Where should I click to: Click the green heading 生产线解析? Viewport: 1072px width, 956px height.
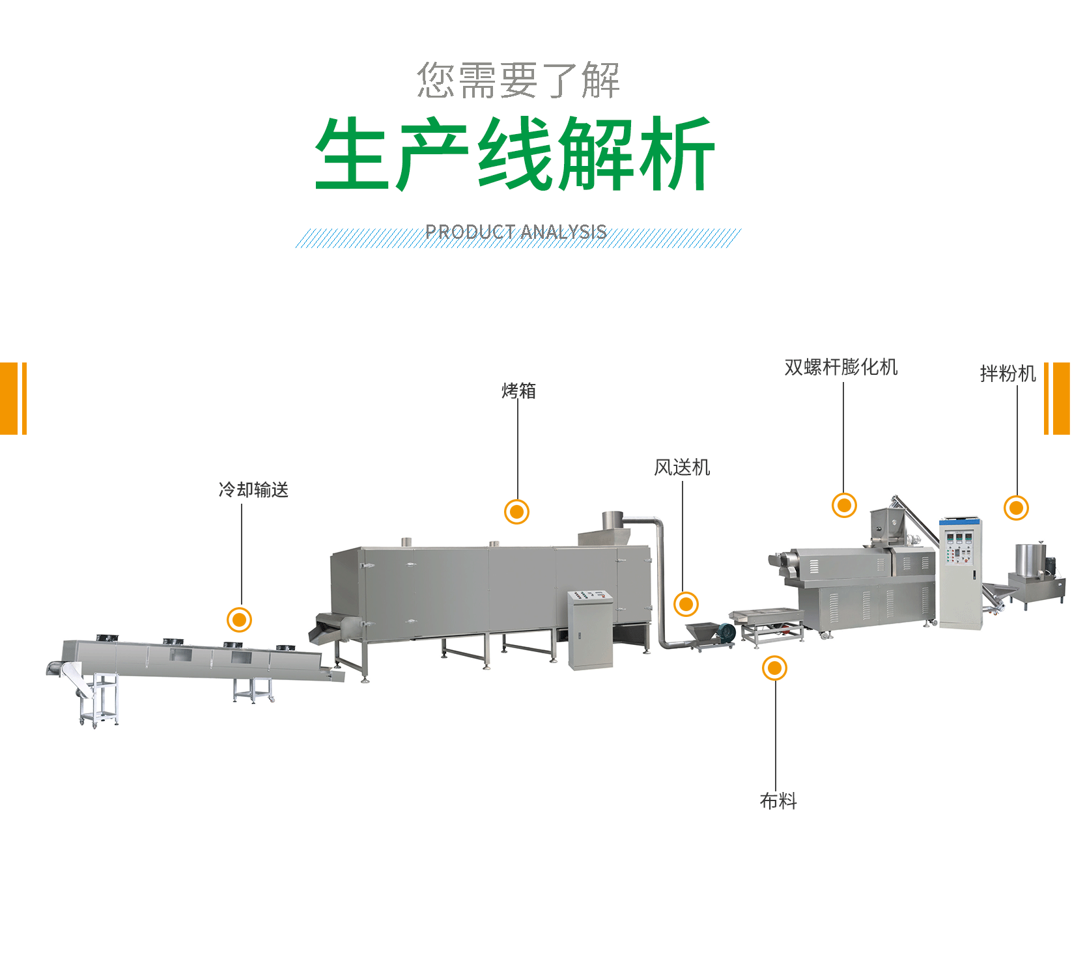coord(515,154)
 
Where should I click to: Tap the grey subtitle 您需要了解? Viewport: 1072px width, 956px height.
coord(518,81)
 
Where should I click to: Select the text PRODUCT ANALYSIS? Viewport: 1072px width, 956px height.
coord(516,232)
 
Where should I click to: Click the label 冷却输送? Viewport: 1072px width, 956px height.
coord(253,489)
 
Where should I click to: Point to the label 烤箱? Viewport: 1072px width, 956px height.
coord(518,390)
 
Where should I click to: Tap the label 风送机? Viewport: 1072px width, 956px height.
coord(682,467)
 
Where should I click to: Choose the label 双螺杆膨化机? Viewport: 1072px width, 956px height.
coord(841,368)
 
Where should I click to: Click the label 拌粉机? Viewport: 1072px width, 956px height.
coord(1008,374)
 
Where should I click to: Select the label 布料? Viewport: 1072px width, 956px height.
coord(778,800)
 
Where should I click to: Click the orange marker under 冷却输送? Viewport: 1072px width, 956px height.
coord(240,620)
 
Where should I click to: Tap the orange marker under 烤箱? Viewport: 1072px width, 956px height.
coord(517,512)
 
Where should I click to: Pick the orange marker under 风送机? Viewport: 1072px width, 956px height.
coord(686,605)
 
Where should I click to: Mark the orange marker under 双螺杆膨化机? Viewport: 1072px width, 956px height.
coord(844,505)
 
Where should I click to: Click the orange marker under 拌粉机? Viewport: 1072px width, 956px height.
coord(1016,508)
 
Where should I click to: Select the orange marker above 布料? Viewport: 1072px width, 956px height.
coord(774,668)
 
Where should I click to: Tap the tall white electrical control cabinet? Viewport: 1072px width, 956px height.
coord(961,573)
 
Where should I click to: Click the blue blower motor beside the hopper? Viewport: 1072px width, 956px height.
coord(724,631)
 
